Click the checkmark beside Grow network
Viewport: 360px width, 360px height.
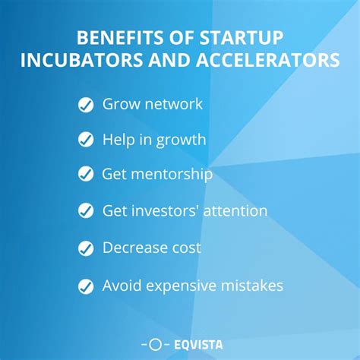(x=85, y=105)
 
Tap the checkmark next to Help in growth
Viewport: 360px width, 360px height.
(x=85, y=140)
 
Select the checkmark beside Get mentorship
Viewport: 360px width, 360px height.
(x=85, y=175)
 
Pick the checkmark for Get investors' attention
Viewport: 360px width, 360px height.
(x=85, y=211)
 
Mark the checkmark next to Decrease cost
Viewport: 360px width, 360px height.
(x=85, y=248)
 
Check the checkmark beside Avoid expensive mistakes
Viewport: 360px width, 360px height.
(x=85, y=286)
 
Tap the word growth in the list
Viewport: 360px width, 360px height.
(x=184, y=140)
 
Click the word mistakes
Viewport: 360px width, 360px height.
(x=254, y=286)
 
